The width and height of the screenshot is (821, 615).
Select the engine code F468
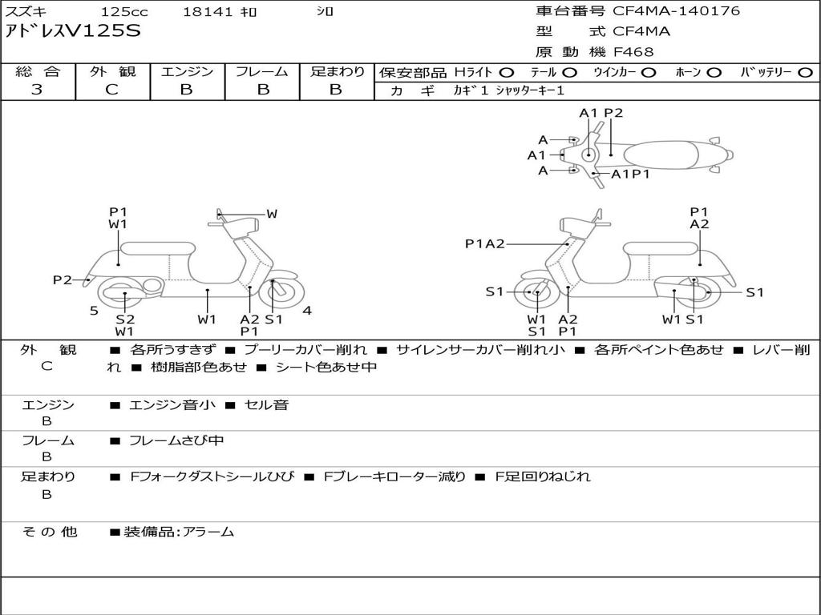pyautogui.click(x=633, y=52)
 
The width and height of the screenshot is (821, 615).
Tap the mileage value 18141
pyautogui.click(x=208, y=12)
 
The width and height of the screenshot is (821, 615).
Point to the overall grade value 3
pyautogui.click(x=37, y=90)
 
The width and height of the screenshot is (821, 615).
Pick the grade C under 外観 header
pyautogui.click(x=112, y=90)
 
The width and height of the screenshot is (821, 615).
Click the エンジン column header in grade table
pyautogui.click(x=187, y=72)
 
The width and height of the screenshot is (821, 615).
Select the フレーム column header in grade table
pyautogui.click(x=261, y=72)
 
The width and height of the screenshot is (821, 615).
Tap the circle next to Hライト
pyautogui.click(x=507, y=73)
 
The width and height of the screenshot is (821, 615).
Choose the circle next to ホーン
pyautogui.click(x=714, y=73)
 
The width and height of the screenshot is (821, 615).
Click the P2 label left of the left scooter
pyautogui.click(x=63, y=279)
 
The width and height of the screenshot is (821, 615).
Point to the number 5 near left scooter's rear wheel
pyautogui.click(x=94, y=311)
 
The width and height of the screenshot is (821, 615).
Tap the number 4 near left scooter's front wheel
pyautogui.click(x=307, y=311)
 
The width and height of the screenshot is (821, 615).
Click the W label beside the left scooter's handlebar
pyautogui.click(x=272, y=214)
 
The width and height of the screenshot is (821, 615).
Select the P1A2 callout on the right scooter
pyautogui.click(x=485, y=244)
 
